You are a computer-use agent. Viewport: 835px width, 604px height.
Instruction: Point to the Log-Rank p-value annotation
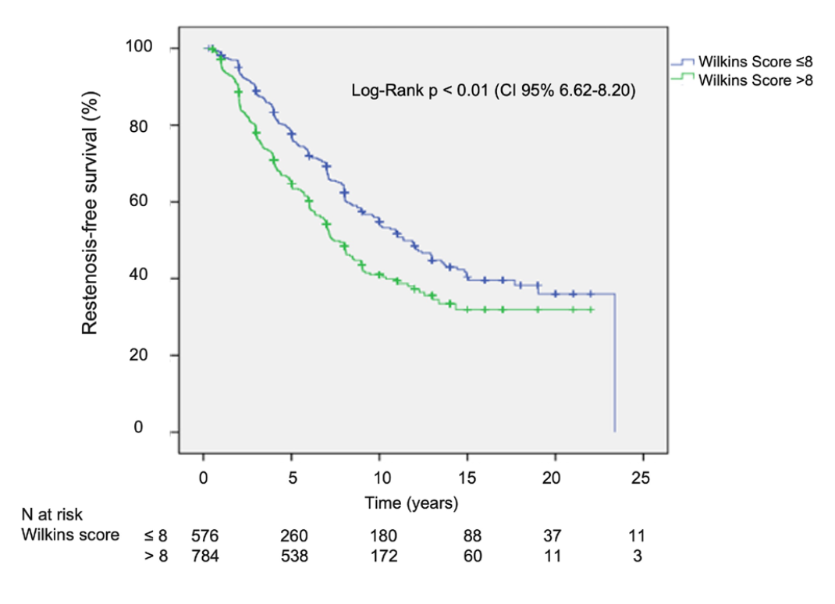493,91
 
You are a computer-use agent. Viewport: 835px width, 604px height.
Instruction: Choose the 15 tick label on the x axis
467,478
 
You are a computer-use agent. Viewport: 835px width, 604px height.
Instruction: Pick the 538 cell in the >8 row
294,556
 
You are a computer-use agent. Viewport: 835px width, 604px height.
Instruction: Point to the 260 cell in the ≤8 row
294,536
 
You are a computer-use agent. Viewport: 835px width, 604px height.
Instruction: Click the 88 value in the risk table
471,536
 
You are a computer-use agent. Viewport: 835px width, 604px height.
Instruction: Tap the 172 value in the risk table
383,556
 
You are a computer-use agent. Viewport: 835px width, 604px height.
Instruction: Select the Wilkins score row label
70,535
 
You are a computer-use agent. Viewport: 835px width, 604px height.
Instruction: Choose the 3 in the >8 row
638,556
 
